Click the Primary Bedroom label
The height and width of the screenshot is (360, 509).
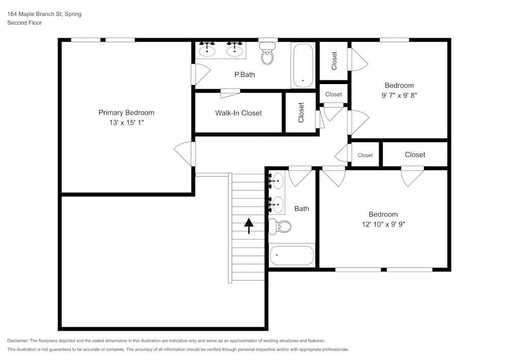pos(126,113)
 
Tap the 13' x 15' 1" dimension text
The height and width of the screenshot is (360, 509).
pos(126,123)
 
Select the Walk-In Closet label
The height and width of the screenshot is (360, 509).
pos(238,113)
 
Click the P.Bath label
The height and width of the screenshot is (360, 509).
pos(244,75)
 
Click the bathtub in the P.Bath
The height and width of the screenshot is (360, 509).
pos(303,65)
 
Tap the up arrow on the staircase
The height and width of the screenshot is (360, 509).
pos(248,225)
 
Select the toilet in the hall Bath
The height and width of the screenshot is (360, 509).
pos(280,226)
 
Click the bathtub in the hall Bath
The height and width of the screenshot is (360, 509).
pos(292,255)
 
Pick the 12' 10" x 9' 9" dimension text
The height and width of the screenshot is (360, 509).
pos(383,224)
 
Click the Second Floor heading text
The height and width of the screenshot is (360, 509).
pos(24,23)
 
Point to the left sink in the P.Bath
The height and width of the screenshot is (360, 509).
pos(207,50)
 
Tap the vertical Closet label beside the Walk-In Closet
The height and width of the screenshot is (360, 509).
pos(301,113)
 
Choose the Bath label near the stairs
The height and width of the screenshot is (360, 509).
pos(301,209)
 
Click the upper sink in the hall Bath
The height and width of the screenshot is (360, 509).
pos(277,180)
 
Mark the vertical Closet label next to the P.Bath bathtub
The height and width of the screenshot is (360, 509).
pos(334,61)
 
